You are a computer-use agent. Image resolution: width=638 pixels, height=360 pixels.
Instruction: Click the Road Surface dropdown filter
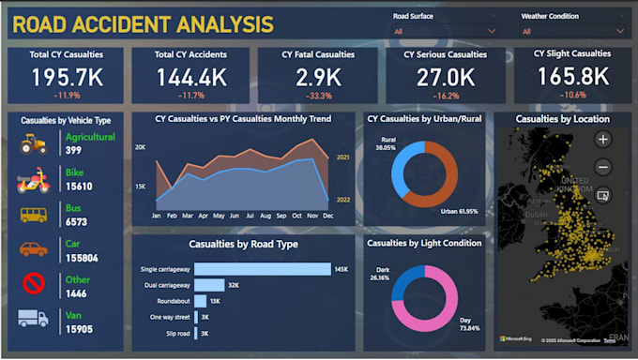445,30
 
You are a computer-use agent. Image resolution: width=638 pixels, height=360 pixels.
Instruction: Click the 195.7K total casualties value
66,78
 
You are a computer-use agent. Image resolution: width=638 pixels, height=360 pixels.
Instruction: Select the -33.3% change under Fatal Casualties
318,95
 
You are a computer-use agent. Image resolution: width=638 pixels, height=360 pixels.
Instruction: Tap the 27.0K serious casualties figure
446,78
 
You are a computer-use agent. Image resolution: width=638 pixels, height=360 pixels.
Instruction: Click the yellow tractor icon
34,143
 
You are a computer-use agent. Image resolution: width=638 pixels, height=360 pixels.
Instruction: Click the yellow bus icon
34,215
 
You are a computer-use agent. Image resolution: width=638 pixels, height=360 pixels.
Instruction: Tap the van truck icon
34,319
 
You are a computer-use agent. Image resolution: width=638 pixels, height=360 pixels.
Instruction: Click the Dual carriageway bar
210,285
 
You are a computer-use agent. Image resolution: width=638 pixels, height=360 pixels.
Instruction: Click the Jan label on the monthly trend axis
156,216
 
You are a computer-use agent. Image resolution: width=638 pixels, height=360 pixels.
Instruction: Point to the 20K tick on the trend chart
140,148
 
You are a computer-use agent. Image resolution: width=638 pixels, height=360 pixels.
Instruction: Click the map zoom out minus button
602,167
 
